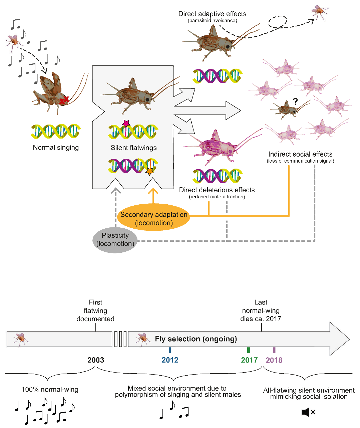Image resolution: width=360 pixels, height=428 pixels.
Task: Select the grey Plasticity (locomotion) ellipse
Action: pos(115,239)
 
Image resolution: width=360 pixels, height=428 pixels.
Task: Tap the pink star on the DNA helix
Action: pos(126,124)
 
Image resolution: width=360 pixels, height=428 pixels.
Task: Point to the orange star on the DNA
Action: pos(150,171)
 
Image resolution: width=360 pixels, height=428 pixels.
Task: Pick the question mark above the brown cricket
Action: pos(295,101)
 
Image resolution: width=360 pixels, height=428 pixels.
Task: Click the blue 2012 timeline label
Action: pos(170,360)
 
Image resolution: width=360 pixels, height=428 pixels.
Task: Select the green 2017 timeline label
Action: pos(249,360)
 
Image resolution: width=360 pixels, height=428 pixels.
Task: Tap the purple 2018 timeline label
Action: pos(274,360)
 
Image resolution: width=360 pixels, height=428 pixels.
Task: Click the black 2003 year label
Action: pos(96,360)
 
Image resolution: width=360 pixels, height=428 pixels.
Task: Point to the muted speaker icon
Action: pos(308,412)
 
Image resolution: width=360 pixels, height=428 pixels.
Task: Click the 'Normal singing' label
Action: pos(56,148)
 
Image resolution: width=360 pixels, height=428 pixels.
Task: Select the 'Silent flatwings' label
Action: pos(133,148)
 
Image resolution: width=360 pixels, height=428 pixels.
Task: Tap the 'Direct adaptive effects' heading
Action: pos(212,14)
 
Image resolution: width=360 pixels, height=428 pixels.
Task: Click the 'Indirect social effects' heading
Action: pos(300,154)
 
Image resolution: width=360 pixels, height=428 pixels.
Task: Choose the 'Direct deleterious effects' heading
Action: pos(217,190)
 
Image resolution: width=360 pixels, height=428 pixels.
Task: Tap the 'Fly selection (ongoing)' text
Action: pos(196,339)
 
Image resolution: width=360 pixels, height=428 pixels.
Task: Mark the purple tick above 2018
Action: pos(274,350)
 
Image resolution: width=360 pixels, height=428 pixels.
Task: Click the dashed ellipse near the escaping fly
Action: pos(278,22)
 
